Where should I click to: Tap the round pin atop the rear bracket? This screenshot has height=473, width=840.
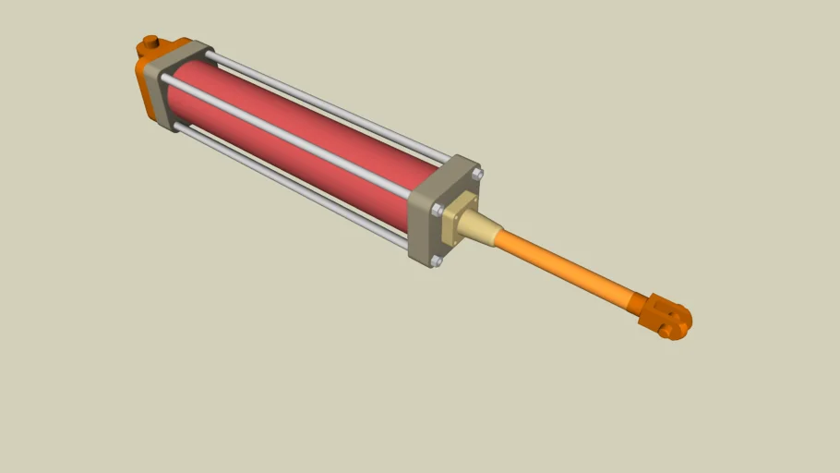point(149,43)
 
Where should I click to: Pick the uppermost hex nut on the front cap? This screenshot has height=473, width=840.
point(476,173)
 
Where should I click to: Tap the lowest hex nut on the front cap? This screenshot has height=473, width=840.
point(436,261)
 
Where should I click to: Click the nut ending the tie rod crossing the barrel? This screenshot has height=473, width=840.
point(435,210)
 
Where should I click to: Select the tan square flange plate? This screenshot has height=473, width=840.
point(458,221)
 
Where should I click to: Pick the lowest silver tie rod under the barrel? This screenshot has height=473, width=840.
point(286,185)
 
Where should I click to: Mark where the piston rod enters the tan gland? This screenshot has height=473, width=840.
point(499,236)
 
